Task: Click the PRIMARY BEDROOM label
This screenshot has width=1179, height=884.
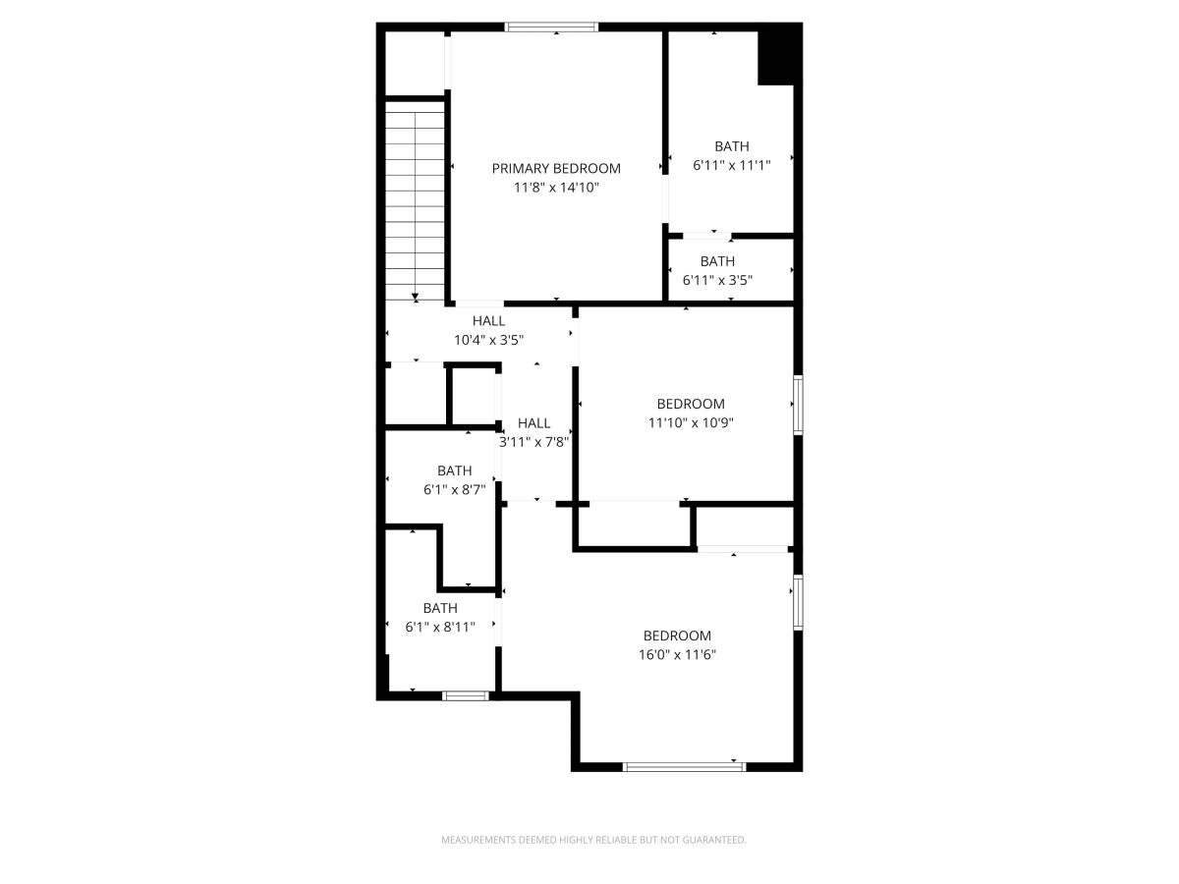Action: coord(556,169)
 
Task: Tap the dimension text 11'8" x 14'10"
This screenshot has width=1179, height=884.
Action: coord(556,188)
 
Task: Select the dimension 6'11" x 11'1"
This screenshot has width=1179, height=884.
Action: coord(732,165)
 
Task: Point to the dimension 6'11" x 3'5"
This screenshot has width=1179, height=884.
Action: coord(717,280)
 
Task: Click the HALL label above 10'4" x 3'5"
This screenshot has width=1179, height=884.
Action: coord(488,321)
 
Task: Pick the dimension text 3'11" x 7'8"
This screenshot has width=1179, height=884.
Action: coord(533,442)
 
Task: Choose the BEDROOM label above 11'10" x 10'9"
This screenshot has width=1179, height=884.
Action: coord(691,404)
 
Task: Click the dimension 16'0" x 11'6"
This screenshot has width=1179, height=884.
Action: coord(677,655)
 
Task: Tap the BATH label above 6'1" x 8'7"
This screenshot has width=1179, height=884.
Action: coord(455,470)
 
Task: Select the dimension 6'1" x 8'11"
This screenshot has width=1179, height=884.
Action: coord(440,627)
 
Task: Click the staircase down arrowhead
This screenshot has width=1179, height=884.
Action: coord(415,297)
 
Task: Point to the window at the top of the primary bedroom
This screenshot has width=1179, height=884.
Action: coord(551,27)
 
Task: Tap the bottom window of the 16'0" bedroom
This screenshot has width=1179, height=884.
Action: coord(684,767)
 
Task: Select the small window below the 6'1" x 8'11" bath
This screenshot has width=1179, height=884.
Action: coord(466,696)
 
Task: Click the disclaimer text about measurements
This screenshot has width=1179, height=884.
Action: coord(593,840)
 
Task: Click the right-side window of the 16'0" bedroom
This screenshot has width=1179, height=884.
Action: coord(798,602)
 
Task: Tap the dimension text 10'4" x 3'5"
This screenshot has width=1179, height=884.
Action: coord(488,340)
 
